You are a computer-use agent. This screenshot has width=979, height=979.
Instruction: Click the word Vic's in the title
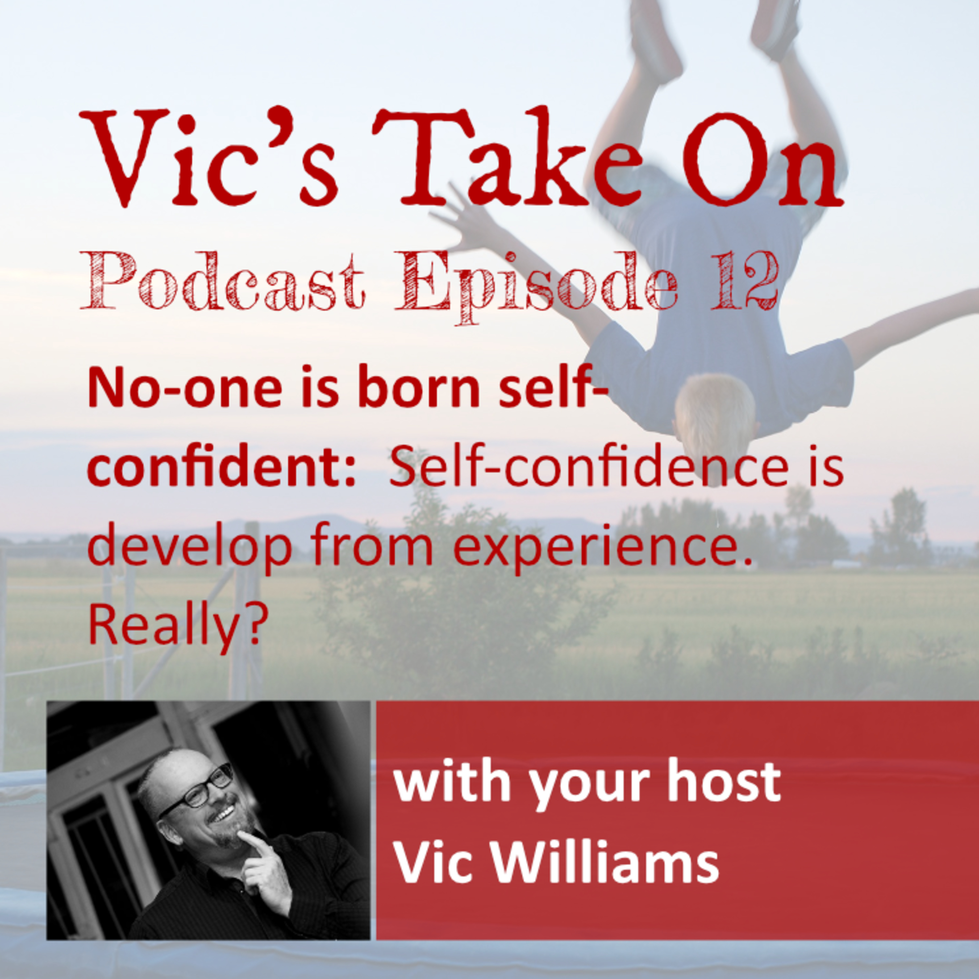[208, 157]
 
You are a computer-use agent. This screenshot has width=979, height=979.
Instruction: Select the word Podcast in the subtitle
[223, 281]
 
